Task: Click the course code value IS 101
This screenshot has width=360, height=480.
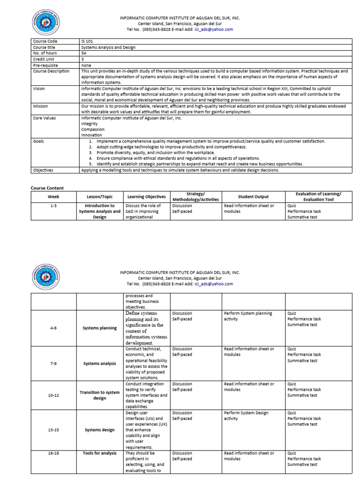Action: pos(88,41)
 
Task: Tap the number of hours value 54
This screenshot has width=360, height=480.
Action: pos(83,53)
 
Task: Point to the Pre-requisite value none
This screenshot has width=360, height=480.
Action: pos(86,65)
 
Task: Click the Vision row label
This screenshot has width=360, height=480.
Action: pos(39,89)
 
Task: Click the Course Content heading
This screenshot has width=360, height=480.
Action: pos(47,188)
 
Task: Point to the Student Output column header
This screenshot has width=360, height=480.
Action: pos(253,197)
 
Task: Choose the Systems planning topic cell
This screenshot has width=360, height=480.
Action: pos(100,328)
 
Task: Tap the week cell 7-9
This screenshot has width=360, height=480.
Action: pos(53,364)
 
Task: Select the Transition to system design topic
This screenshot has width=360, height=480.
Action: pos(100,395)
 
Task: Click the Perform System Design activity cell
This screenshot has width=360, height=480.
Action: pos(246,416)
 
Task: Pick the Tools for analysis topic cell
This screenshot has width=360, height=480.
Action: pos(100,453)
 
